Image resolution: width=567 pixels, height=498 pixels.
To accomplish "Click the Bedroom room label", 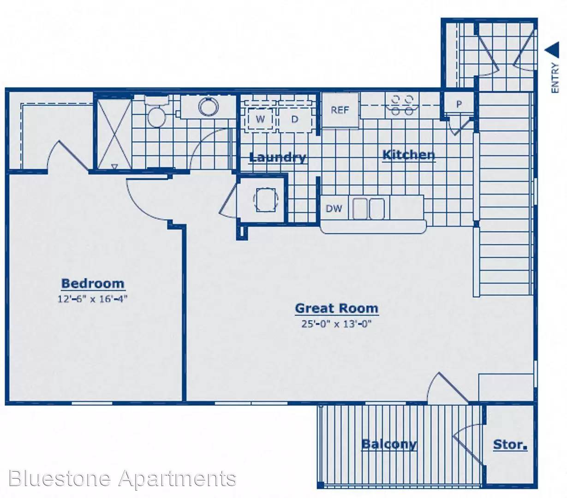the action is pyautogui.click(x=93, y=284).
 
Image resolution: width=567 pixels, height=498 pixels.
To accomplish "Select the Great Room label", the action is pyautogui.click(x=337, y=308).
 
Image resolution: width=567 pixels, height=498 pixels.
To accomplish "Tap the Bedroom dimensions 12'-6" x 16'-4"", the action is pyautogui.click(x=93, y=299).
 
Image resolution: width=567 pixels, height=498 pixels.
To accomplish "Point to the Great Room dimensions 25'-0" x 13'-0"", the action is pyautogui.click(x=336, y=324).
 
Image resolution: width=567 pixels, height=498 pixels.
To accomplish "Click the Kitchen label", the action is pyautogui.click(x=409, y=155).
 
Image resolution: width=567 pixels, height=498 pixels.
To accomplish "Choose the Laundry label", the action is pyautogui.click(x=277, y=158).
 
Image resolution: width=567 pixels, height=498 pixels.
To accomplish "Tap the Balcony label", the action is pyautogui.click(x=389, y=445).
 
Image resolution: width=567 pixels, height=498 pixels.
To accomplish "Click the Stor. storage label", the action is pyautogui.click(x=510, y=445).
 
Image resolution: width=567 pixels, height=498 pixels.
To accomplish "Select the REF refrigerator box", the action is pyautogui.click(x=340, y=110).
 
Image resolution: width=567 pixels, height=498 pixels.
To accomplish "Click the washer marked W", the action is pyautogui.click(x=260, y=119).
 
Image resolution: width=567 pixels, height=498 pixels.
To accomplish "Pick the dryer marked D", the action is pyautogui.click(x=294, y=119).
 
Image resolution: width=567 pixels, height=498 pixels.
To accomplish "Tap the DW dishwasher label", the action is pyautogui.click(x=334, y=208).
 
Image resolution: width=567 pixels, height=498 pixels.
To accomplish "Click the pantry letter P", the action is pyautogui.click(x=459, y=104).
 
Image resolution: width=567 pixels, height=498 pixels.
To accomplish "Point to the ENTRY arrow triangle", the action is pyautogui.click(x=552, y=50).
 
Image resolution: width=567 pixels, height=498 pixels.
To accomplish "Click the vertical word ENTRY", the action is pyautogui.click(x=555, y=78).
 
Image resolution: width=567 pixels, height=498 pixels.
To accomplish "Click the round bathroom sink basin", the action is pyautogui.click(x=208, y=106).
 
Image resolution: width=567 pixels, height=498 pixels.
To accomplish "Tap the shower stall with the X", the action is pyautogui.click(x=114, y=133).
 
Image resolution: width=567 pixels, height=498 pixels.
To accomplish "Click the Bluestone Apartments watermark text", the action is pyautogui.click(x=122, y=479).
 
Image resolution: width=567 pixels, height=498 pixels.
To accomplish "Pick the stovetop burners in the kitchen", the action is pyautogui.click(x=402, y=105).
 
